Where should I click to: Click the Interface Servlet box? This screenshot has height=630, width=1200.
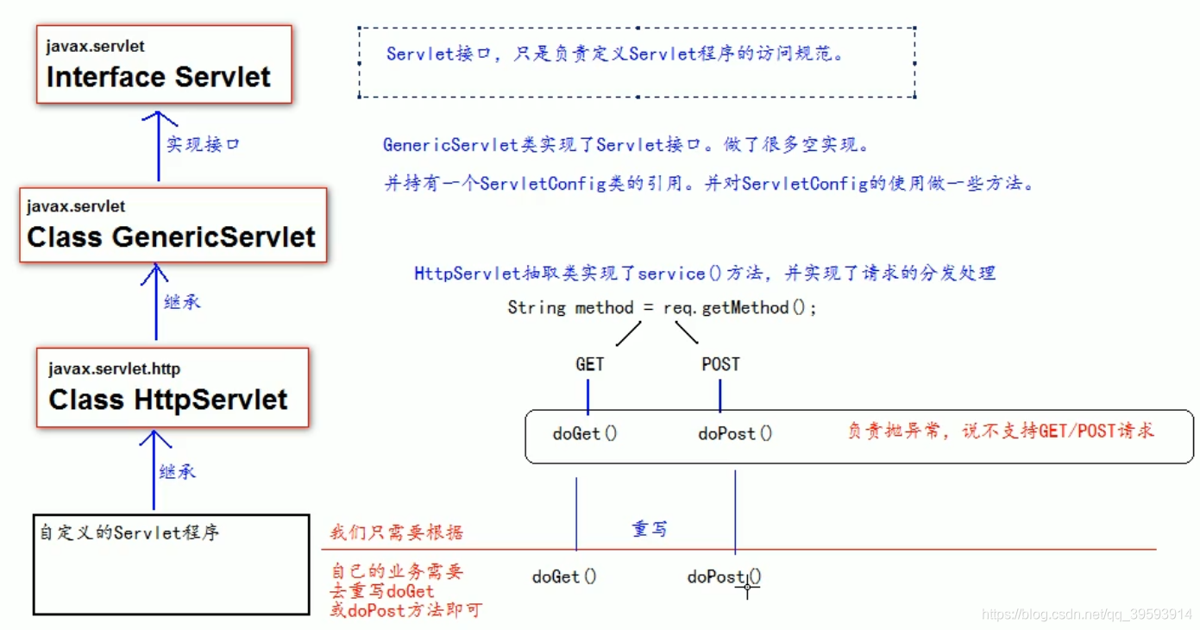164,65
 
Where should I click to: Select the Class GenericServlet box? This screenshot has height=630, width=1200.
173,225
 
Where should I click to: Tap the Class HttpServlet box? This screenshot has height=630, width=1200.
172,387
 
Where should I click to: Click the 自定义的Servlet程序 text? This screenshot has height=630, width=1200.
129,532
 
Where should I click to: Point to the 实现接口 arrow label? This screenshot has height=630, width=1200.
203,144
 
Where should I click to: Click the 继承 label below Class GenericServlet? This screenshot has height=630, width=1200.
182,303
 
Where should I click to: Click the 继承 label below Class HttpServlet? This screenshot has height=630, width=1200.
178,471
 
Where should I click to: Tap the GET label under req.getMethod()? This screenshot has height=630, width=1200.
590,364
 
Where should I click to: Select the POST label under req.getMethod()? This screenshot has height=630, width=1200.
720,364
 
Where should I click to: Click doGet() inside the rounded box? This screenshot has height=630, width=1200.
585,433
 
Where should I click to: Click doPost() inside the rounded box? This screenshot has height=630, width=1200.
735,433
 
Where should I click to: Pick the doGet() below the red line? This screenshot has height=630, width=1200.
564,576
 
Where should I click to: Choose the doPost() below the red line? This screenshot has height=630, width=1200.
724,576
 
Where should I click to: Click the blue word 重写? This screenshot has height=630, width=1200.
649,529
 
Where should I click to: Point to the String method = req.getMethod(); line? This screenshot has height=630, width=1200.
662,307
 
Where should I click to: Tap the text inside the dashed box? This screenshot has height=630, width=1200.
615,54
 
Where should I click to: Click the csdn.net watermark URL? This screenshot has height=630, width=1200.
1087,614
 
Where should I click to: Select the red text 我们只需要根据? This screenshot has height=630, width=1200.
397,532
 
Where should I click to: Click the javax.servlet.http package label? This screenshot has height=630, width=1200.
114,369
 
